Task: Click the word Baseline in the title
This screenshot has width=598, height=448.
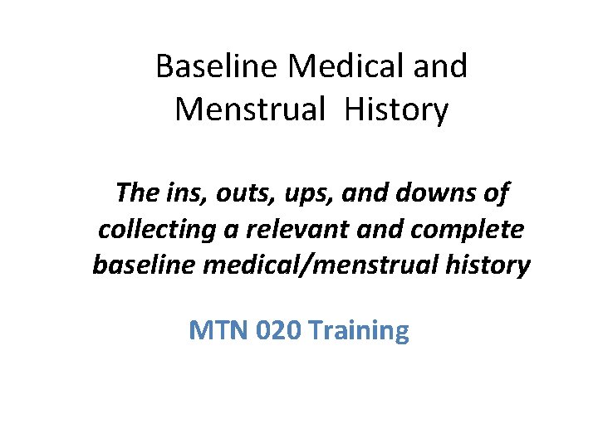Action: (x=208, y=66)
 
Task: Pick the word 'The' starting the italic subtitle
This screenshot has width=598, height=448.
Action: (x=136, y=193)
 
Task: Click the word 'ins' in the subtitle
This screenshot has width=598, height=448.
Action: (x=179, y=193)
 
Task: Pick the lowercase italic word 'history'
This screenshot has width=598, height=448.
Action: (x=490, y=265)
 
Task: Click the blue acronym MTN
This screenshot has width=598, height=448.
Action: (x=218, y=331)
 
